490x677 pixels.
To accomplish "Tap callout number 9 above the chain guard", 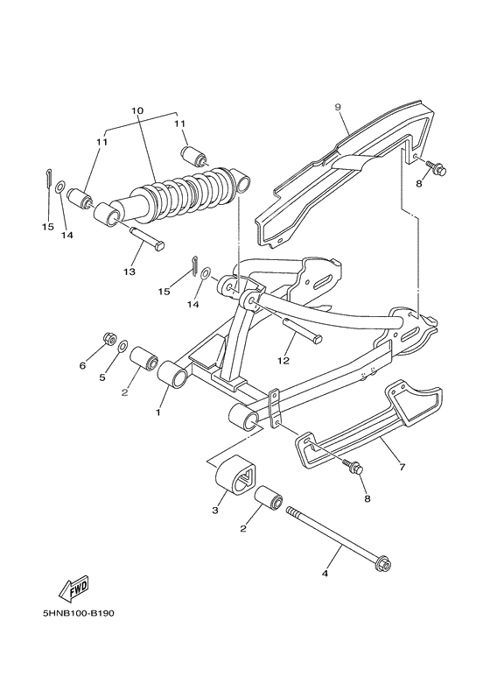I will pyautogui.click(x=337, y=106).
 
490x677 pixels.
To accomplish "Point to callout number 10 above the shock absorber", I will pyautogui.click(x=136, y=111).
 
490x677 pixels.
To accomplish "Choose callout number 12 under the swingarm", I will pyautogui.click(x=282, y=359).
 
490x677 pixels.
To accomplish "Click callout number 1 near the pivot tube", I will pyautogui.click(x=159, y=411).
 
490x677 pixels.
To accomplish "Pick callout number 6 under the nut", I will pyautogui.click(x=83, y=364).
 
